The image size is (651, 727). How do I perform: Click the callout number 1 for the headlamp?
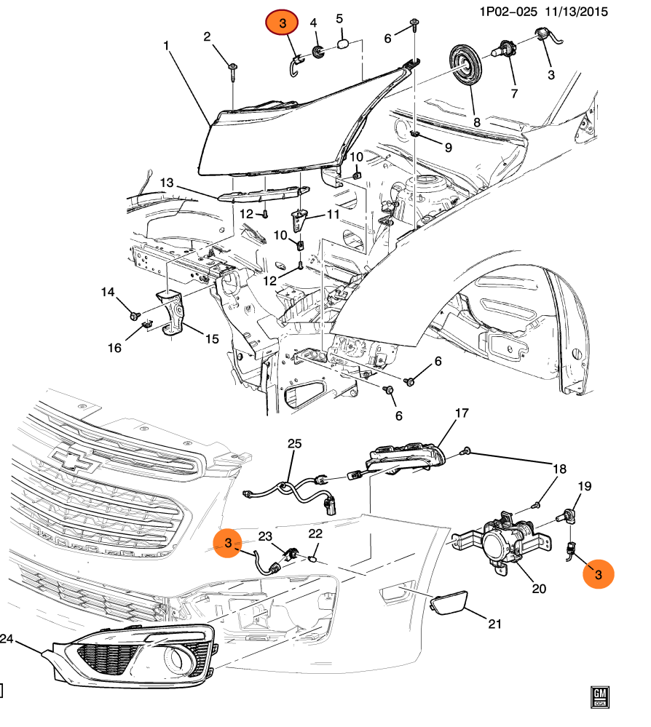(167, 46)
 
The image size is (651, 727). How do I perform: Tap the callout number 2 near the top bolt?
(207, 36)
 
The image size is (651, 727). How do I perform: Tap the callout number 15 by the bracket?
(211, 338)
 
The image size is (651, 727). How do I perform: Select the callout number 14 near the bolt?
(108, 292)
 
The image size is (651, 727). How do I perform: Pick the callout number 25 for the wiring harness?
(293, 443)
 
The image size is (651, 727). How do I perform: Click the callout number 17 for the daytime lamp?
(462, 414)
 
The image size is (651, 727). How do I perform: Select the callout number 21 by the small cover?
(495, 624)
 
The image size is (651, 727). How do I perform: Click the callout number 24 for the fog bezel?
(7, 639)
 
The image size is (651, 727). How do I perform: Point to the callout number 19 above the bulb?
(585, 486)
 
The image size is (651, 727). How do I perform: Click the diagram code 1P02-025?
(508, 11)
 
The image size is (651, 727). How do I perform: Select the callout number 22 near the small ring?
(315, 533)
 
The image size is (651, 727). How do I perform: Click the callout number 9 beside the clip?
(448, 148)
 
